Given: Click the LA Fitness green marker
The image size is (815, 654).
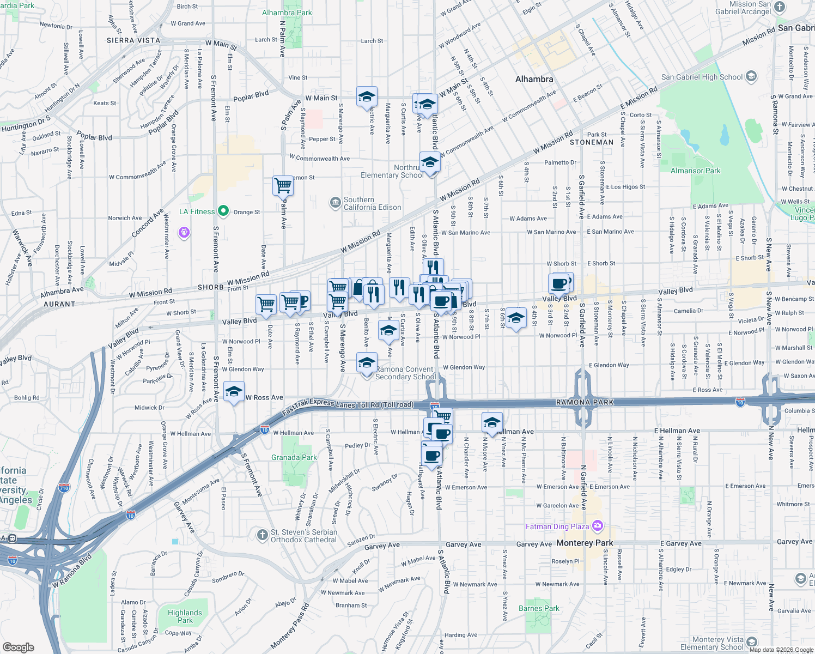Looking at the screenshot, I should tap(223, 211).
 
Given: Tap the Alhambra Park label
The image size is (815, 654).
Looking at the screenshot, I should tap(287, 13).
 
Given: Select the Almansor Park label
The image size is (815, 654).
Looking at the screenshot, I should tap(695, 171).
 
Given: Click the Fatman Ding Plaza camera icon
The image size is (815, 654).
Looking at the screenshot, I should tap(598, 526).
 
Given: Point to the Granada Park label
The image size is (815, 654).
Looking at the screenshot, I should tap(294, 457).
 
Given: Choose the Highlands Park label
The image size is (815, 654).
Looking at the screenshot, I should tap(185, 616).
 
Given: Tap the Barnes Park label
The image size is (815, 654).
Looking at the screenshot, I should tap(539, 608).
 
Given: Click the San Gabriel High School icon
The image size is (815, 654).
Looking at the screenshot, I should tap(751, 76).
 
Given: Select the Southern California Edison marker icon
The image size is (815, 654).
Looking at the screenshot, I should tap(335, 203).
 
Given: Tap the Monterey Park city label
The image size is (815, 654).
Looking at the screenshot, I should tap(585, 543).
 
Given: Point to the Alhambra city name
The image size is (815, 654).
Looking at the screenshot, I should tap(534, 79).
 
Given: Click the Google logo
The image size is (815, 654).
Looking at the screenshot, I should tap(18, 647).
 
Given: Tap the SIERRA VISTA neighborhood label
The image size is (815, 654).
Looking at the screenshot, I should tap(133, 40).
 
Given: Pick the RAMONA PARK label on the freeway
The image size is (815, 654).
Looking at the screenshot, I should tap(585, 402).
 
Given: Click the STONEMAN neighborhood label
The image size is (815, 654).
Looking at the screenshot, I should tap(592, 142).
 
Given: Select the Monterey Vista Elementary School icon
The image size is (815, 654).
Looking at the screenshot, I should tap(752, 641).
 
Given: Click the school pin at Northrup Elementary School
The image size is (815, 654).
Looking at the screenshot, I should tap(430, 162).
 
